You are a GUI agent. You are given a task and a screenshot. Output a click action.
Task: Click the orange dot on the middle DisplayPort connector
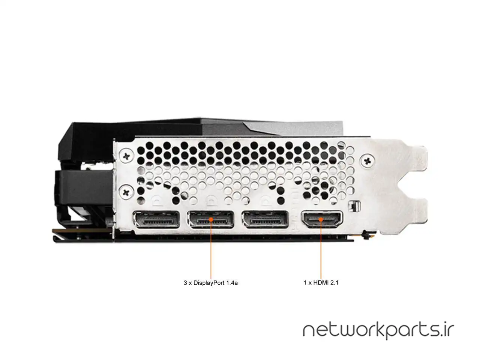pos(211,219)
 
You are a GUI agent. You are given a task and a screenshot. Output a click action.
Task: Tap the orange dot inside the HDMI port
pos(321,219)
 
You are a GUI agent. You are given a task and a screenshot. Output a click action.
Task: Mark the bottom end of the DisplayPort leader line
pos(211,278)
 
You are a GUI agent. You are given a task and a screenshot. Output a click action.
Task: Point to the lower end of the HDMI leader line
pos(321,278)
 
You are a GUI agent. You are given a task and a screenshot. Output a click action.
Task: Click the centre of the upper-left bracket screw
pos(126,155)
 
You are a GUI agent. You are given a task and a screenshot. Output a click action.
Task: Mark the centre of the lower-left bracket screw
pos(126,192)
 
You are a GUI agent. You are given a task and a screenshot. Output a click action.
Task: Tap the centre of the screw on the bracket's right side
pos(367,161)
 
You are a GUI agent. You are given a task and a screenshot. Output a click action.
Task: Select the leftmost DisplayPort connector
pos(156,219)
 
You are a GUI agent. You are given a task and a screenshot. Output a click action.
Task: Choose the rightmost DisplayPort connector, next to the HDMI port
pos(265,219)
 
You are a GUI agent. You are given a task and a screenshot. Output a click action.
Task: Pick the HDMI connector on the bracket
pos(322,219)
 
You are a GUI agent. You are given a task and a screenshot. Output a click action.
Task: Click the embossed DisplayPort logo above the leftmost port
pos(157,201)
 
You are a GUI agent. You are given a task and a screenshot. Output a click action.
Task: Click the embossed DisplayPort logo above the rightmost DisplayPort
pos(266,201)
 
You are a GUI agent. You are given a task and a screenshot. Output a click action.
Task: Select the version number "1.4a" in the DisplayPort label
pos(232,283)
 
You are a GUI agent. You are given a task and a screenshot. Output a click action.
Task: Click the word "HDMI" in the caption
pos(321,283)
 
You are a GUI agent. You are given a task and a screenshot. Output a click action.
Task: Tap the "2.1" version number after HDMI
pos(334,283)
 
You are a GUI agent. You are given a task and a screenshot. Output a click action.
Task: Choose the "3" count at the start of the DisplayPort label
pos(185,283)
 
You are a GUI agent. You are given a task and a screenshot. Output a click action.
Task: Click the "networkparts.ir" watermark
pos(378,331)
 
